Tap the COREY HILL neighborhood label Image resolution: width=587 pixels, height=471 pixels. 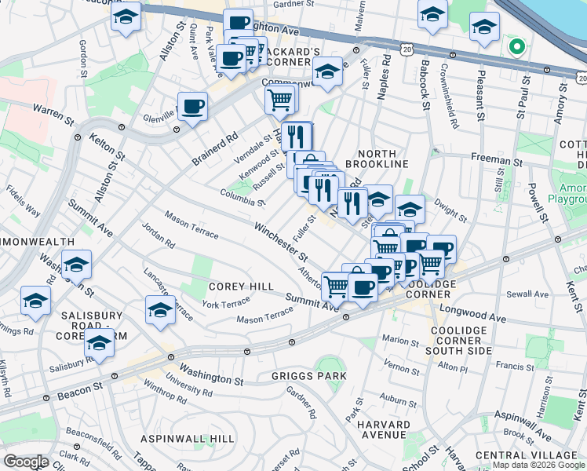[x=242, y=287]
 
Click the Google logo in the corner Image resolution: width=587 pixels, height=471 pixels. [x=26, y=462]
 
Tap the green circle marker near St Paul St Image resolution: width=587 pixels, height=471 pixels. [x=516, y=46]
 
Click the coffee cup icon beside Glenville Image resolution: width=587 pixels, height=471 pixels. [x=192, y=107]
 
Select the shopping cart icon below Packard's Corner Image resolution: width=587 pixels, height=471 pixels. [x=280, y=100]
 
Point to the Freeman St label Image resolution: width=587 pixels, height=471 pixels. [x=497, y=158]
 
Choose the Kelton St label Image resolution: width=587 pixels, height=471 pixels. [x=108, y=147]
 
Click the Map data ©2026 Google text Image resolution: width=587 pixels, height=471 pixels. [x=538, y=465]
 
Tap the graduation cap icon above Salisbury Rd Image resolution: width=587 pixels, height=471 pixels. [x=99, y=343]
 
